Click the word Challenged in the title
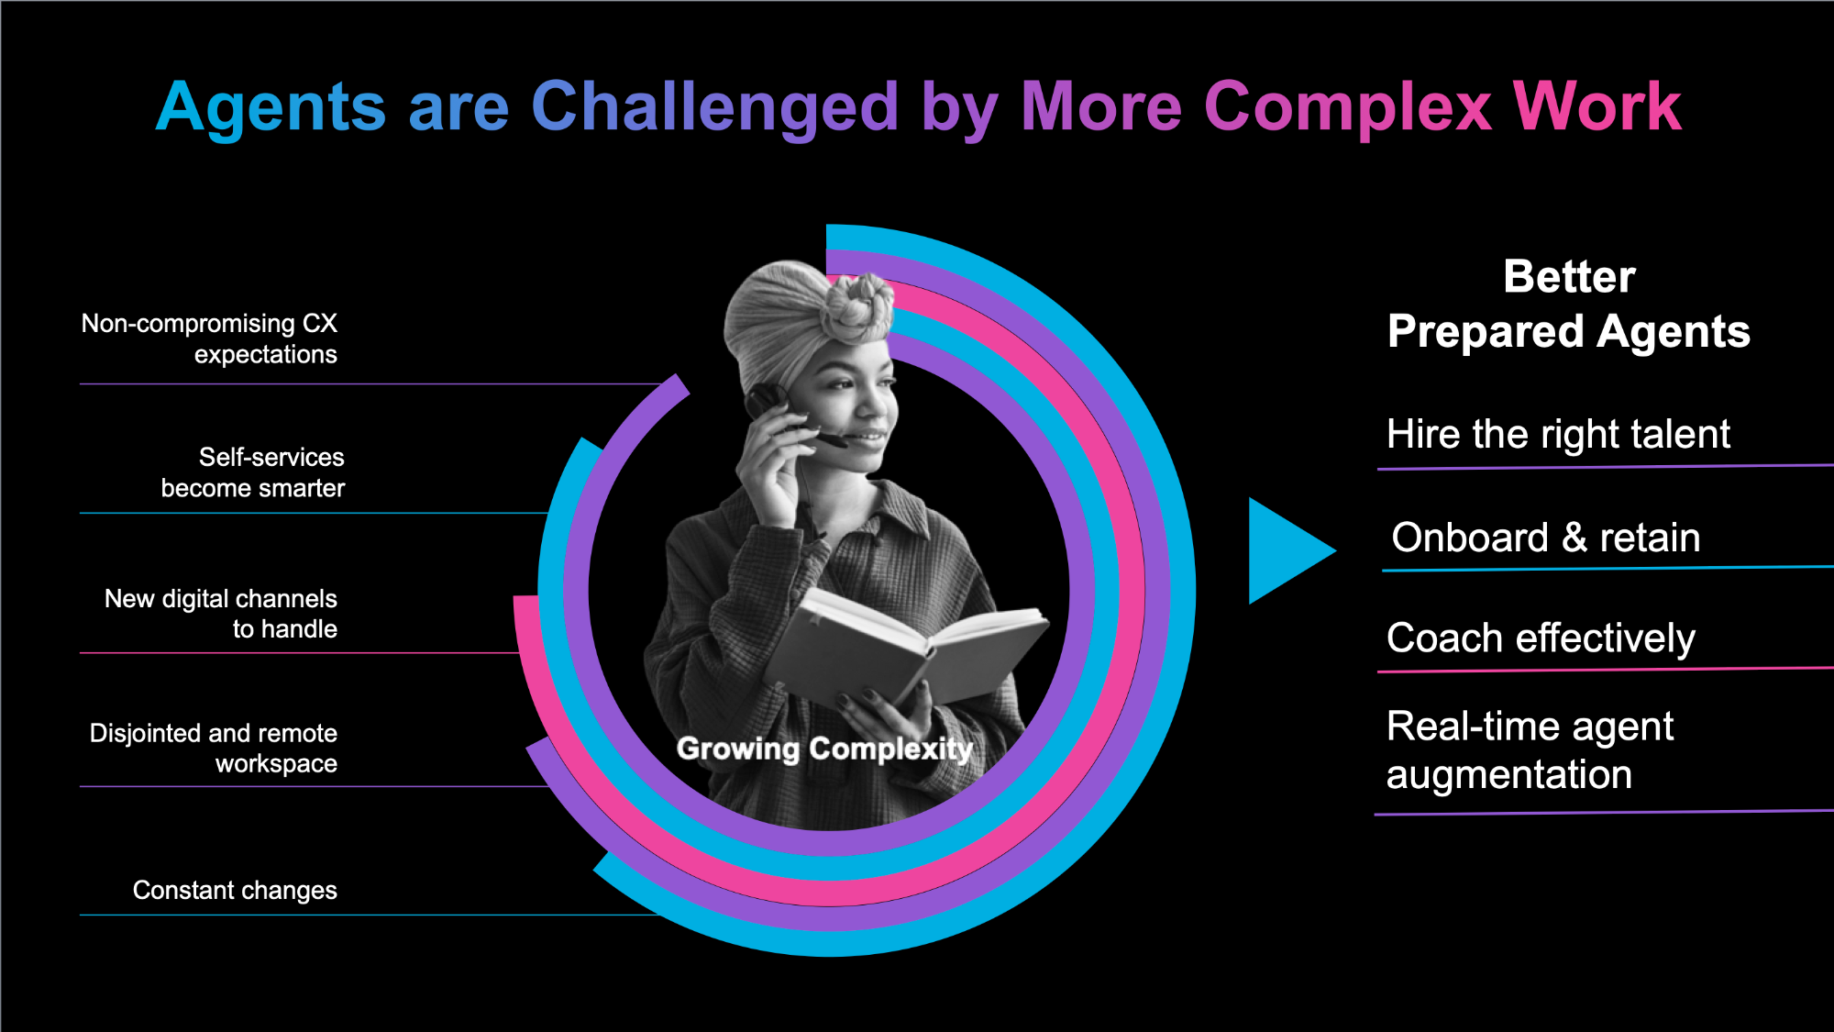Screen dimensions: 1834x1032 click(714, 108)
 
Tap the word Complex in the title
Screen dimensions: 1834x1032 click(1348, 108)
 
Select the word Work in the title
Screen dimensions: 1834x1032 click(1597, 106)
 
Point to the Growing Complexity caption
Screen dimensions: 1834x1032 click(824, 749)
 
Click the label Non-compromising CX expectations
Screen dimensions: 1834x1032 click(209, 338)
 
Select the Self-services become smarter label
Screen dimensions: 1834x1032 click(253, 472)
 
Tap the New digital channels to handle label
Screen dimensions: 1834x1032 click(221, 614)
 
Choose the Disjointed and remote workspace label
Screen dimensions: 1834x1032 click(214, 748)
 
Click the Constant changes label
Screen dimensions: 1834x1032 click(235, 890)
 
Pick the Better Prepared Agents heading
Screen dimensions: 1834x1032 click(1569, 304)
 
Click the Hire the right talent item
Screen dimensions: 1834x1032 click(1558, 434)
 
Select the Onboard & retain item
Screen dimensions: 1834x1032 click(1546, 538)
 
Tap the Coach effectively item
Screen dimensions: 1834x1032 click(1541, 638)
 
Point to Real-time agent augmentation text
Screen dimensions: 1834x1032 click(1530, 750)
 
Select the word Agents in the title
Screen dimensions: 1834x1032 click(271, 108)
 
